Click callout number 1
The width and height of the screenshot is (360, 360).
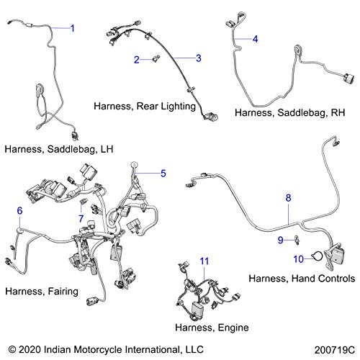click(x=72, y=28)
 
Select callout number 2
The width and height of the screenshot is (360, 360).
click(x=137, y=60)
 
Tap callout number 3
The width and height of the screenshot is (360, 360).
click(x=199, y=58)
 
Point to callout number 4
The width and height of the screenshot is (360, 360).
click(x=255, y=39)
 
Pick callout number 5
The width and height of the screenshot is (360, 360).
click(x=163, y=174)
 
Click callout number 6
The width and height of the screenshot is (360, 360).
click(x=19, y=211)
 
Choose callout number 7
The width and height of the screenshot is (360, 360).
click(x=81, y=218)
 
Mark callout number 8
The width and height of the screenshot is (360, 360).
click(x=288, y=198)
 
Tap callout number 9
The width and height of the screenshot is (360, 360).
click(x=281, y=240)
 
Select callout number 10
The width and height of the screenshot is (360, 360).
click(x=299, y=259)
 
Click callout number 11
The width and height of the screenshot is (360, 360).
click(x=204, y=261)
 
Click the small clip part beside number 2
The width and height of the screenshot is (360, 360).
click(x=156, y=58)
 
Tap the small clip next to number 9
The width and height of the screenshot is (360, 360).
click(x=297, y=240)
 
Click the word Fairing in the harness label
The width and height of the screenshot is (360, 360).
click(x=63, y=292)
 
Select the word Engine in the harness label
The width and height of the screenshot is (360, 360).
click(x=233, y=328)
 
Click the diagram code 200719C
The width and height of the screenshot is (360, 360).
click(x=335, y=350)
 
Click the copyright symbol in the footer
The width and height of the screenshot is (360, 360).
click(x=12, y=349)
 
